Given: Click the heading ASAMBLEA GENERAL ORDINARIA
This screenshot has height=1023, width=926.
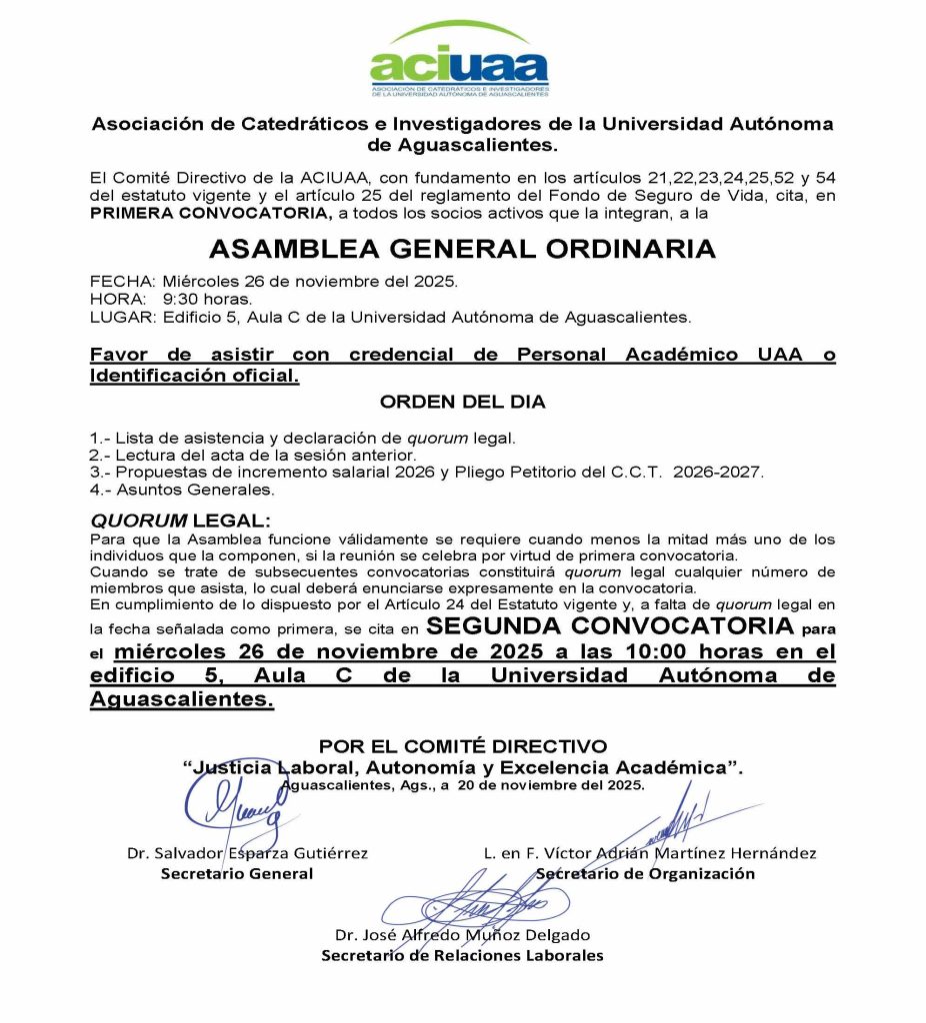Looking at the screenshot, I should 463,248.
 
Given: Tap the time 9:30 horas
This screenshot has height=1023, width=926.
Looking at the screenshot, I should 207,300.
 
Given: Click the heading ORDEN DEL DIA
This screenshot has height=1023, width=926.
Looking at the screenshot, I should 463,403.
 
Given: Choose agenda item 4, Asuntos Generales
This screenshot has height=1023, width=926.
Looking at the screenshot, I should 182,491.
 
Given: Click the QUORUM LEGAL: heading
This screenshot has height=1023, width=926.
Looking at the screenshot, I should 180,521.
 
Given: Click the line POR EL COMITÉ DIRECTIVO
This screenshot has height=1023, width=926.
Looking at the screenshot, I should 463,745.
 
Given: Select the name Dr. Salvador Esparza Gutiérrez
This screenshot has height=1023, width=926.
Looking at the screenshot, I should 247,853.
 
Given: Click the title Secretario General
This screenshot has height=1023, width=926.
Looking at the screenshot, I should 237,874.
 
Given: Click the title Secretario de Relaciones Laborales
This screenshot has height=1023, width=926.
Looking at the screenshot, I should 462,956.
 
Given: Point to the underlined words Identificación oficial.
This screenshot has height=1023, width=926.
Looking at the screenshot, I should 194,377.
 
